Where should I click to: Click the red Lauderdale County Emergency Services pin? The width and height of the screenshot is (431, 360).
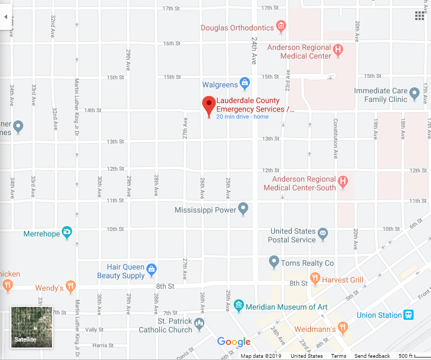tap(209, 105)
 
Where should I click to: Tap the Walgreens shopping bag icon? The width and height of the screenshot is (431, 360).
tap(245, 83)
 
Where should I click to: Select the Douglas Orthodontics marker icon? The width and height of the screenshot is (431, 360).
tap(281, 25)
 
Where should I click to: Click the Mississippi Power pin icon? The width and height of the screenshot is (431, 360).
tap(243, 208)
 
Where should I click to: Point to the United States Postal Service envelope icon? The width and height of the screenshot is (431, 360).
tap(323, 234)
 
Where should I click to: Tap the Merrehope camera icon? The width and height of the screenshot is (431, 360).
tap(67, 233)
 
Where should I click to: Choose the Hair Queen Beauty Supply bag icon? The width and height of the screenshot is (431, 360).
tap(152, 269)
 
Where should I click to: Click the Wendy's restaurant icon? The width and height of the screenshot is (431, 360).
tap(70, 286)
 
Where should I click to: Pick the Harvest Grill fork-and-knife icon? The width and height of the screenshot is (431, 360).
tap(315, 279)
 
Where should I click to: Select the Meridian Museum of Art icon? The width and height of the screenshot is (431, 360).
tap(239, 306)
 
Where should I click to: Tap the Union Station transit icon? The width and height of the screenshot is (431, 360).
tap(409, 314)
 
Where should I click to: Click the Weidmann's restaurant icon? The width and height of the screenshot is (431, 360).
tap(342, 327)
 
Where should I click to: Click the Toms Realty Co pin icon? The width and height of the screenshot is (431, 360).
tap(274, 262)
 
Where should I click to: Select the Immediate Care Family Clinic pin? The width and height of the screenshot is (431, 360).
tap(415, 94)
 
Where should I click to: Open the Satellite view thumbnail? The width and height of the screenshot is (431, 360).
tap(32, 327)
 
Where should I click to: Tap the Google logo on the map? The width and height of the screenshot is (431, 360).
tap(234, 342)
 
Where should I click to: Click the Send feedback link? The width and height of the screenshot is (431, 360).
tap(372, 356)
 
